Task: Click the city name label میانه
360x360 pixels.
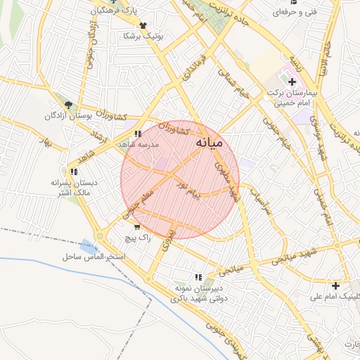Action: (208, 143)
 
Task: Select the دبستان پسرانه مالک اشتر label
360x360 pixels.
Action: (72, 187)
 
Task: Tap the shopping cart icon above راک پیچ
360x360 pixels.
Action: (136, 227)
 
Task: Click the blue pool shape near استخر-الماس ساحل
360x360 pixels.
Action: (89, 247)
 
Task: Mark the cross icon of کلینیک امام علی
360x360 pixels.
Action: (336, 286)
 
